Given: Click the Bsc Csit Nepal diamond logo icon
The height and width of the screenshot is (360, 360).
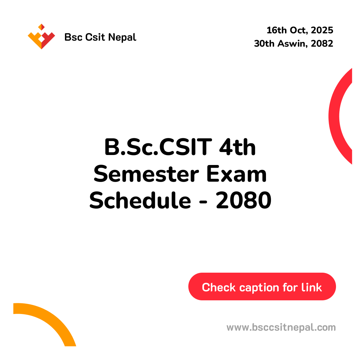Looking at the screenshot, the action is [41, 37].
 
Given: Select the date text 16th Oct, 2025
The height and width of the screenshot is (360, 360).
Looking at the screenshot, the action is [300, 30].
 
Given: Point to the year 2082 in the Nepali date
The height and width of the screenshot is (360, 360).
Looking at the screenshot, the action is [322, 43].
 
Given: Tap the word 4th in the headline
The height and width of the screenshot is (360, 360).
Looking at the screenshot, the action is [237, 147].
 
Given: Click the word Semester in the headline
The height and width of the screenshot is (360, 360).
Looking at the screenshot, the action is [146, 174].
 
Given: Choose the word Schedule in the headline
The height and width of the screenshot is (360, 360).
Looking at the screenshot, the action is [140, 200].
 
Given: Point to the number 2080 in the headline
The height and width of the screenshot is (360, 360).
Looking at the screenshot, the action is [244, 200].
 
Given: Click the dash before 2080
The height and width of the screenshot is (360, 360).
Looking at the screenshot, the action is [203, 202].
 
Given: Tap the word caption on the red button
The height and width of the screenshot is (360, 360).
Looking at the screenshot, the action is [259, 288].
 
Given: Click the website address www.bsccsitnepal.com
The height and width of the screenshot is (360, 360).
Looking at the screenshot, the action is [281, 327].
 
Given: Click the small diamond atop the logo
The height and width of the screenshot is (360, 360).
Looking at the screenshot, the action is [41, 27].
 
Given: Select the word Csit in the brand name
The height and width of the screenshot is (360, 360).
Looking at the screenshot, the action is [95, 37].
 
